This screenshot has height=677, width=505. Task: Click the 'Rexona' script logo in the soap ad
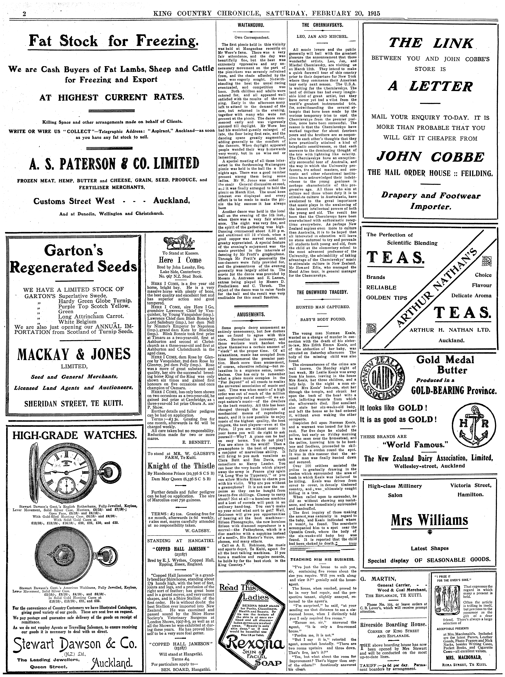point(252,644)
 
